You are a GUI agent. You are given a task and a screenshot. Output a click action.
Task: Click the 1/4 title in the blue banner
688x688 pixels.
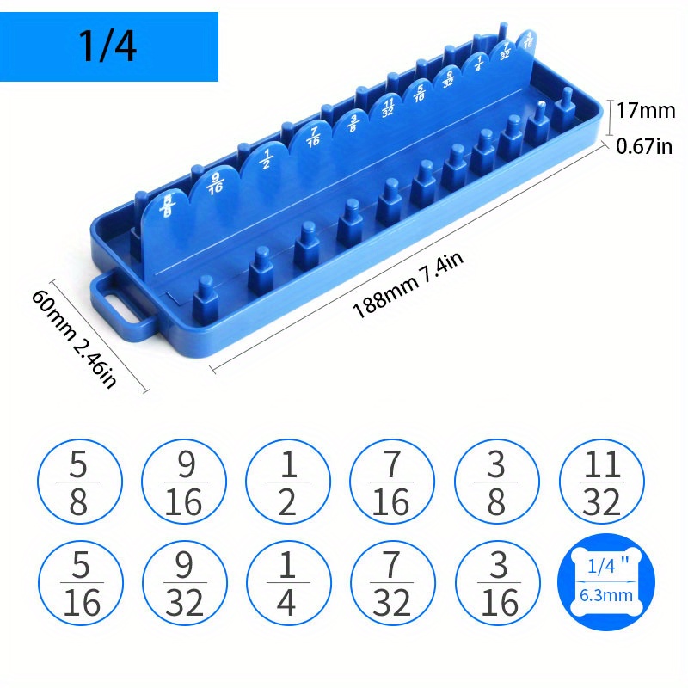click(107, 47)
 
